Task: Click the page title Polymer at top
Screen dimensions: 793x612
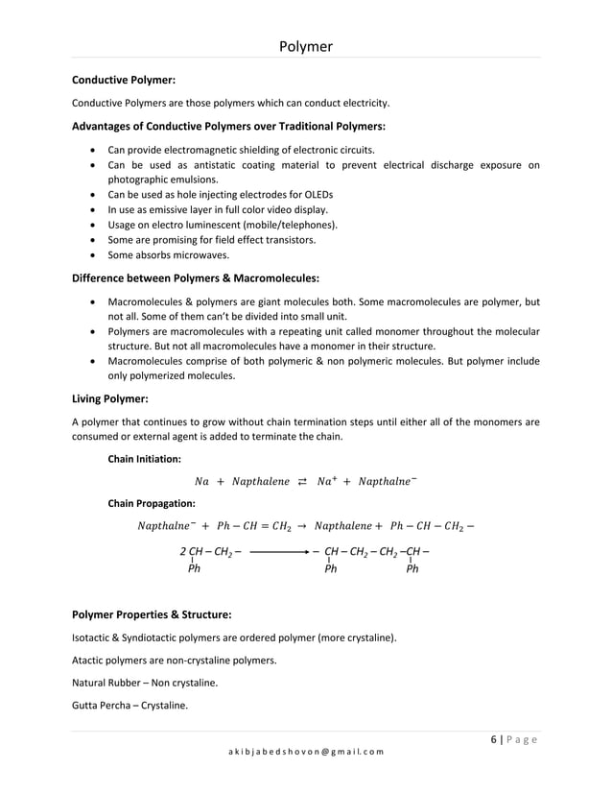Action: click(x=306, y=46)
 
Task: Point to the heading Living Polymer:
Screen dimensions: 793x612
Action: click(x=110, y=397)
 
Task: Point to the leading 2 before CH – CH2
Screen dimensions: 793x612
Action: click(x=183, y=552)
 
